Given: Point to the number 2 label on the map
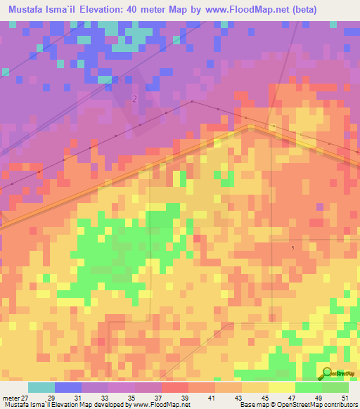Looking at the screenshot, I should (x=134, y=99).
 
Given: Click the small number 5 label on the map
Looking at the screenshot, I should (x=292, y=247).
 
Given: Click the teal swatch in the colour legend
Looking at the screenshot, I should (x=41, y=387).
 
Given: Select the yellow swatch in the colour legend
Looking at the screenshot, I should (x=281, y=387).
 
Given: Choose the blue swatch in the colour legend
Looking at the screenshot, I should (x=67, y=387).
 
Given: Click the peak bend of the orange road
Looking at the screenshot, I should (x=251, y=127).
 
